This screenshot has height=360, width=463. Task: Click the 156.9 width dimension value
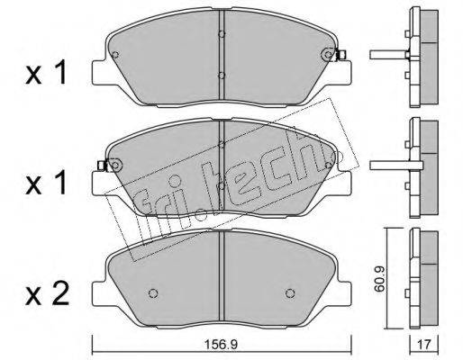click(x=221, y=345)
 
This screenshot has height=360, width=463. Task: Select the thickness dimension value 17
click(x=424, y=344)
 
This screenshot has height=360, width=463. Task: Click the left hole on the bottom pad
click(x=153, y=292)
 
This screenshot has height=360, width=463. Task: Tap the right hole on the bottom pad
click(x=290, y=292)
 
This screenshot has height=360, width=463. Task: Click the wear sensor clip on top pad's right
click(x=341, y=54)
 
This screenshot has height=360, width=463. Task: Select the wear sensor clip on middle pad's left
click(x=103, y=165)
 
